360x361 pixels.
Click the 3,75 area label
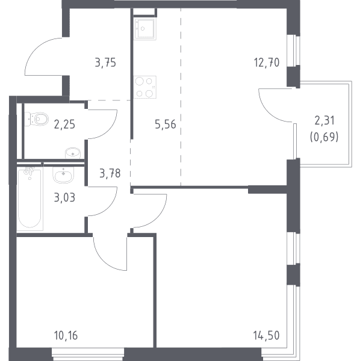[x=105, y=63]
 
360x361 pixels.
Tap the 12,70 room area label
[x=267, y=63]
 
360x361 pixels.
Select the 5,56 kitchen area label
[x=166, y=125]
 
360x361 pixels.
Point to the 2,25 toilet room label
[x=64, y=125]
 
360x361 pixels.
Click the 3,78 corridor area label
[x=110, y=173]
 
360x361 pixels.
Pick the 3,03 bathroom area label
[x=64, y=197]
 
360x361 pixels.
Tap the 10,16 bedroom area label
[x=66, y=336]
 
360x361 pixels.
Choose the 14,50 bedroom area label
[x=266, y=336]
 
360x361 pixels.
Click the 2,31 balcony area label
[x=324, y=120]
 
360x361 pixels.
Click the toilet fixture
[x=36, y=119]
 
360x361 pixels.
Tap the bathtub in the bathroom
[x=29, y=198]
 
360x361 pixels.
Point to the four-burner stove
[x=144, y=87]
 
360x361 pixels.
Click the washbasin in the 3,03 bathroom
[x=63, y=174]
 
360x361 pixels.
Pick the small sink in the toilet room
[x=73, y=153]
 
